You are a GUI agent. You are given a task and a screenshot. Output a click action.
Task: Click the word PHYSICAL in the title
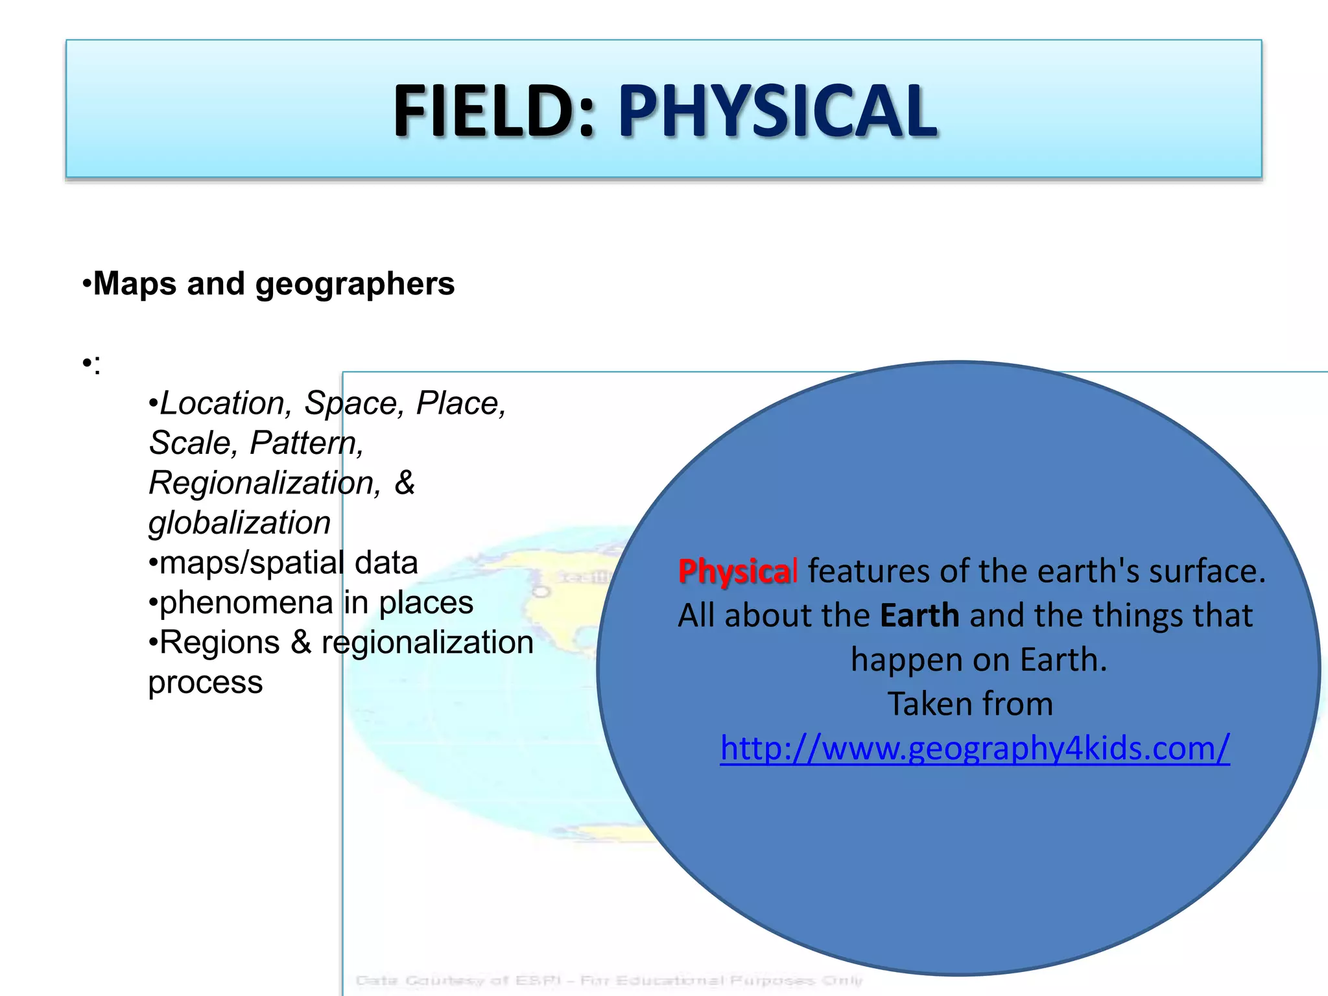point(777,112)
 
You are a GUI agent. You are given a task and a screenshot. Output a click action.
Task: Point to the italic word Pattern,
point(307,444)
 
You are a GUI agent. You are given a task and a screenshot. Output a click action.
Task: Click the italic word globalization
point(239,523)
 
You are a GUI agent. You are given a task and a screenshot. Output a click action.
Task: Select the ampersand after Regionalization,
point(405,482)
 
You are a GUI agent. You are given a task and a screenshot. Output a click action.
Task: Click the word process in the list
point(205,683)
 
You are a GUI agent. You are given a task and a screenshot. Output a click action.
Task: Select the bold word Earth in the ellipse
point(919,615)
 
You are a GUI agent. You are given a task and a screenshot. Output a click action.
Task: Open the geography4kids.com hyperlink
point(975,748)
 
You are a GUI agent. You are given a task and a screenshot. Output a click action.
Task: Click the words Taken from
point(970,704)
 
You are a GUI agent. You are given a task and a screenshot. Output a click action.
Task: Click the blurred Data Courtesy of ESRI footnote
point(609,980)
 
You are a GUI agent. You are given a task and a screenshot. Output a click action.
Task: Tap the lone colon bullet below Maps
point(92,366)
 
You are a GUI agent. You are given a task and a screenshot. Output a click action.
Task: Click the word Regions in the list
point(219,643)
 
